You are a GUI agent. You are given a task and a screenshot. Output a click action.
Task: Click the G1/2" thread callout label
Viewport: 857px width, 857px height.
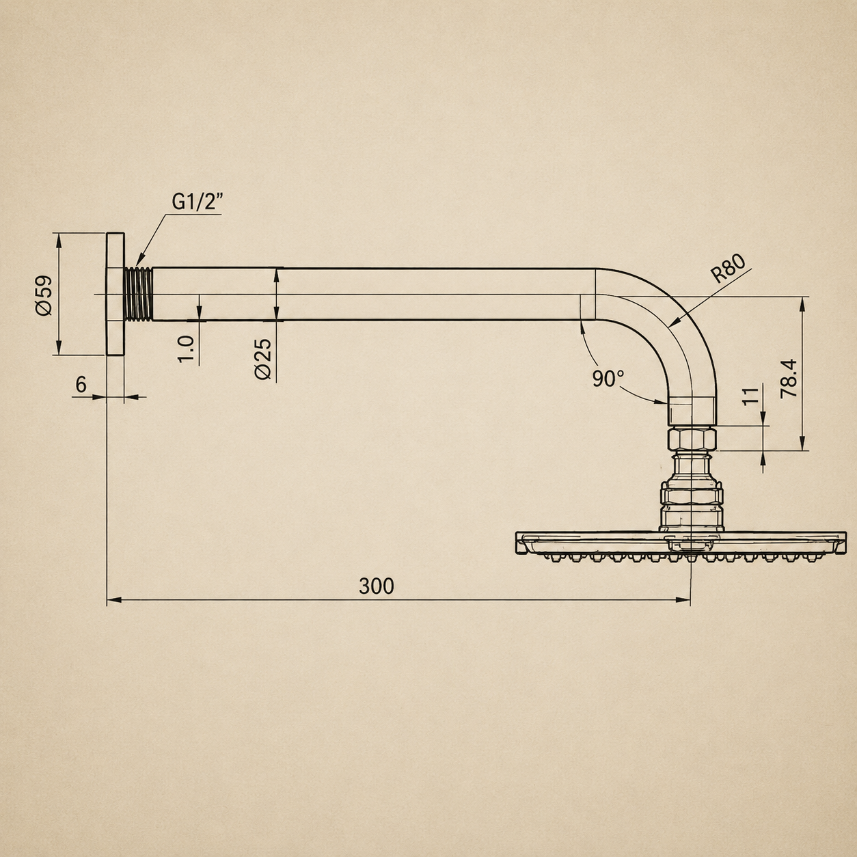point(197,202)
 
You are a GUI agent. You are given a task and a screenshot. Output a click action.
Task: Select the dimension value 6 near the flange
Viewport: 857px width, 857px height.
point(81,385)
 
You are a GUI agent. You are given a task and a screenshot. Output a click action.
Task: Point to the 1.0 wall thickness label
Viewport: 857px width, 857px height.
point(186,349)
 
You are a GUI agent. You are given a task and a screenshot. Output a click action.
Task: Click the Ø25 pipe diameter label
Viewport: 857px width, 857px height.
point(263,359)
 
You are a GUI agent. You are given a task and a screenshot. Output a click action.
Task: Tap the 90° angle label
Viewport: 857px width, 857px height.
point(608,379)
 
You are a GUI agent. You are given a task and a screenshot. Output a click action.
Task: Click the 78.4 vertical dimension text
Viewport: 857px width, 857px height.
point(789,379)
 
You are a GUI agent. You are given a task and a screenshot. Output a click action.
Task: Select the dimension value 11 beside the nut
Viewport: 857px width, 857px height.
point(750,396)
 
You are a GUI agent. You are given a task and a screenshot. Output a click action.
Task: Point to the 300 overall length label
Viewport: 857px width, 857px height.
point(377,586)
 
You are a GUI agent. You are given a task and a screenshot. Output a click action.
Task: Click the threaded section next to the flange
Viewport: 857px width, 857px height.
point(139,293)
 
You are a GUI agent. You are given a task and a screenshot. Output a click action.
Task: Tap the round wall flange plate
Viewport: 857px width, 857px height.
point(115,293)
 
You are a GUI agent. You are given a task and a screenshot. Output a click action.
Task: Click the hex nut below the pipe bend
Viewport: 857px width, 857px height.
point(692,439)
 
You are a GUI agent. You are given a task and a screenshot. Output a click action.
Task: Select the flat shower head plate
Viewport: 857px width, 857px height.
point(681,543)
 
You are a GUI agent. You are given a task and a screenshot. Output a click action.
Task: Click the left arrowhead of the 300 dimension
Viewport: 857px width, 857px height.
point(114,600)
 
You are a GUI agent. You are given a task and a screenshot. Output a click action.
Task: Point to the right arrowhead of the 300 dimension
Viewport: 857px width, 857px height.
point(683,600)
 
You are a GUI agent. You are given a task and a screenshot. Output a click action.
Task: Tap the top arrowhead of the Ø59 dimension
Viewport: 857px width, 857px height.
point(58,240)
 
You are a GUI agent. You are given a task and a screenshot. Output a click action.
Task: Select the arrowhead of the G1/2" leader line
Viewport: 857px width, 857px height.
point(139,260)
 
